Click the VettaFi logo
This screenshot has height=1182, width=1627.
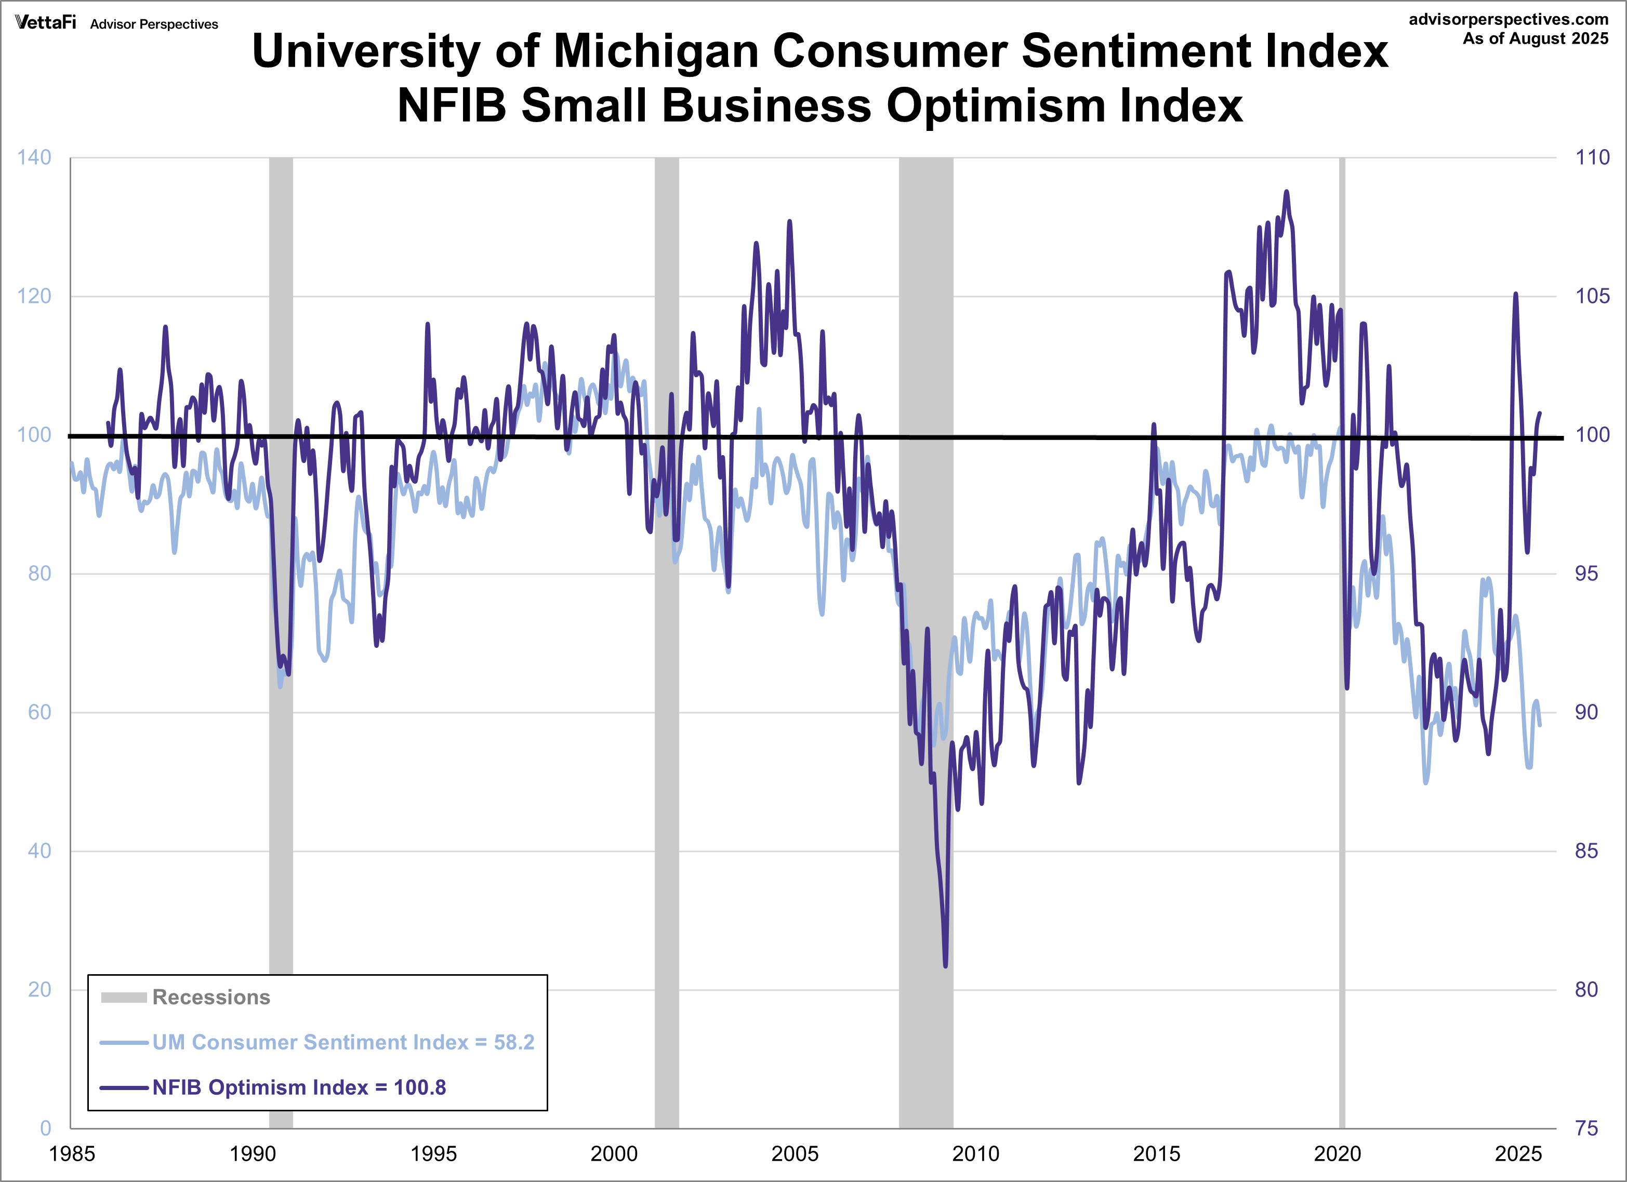pos(45,22)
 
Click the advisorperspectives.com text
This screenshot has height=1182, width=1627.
pos(1508,19)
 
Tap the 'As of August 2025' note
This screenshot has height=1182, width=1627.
pos(1535,39)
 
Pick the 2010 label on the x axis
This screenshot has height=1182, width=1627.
pos(975,1154)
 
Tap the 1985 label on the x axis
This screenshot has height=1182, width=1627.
pos(71,1154)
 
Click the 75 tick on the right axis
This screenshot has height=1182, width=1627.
pos(1586,1128)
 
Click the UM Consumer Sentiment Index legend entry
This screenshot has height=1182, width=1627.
pos(342,1042)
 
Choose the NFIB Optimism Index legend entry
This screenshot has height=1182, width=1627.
pos(298,1087)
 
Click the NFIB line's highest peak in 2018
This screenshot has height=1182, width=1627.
pos(1286,192)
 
